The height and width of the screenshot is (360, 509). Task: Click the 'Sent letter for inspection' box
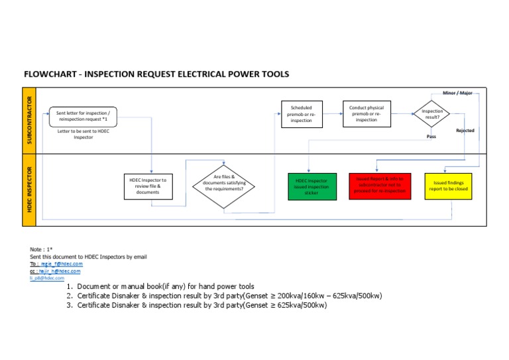(x=84, y=117)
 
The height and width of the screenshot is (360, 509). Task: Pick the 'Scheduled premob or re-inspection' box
(x=302, y=113)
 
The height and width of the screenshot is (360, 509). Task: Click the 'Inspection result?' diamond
(x=431, y=113)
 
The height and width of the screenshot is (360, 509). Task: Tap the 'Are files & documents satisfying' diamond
(x=223, y=184)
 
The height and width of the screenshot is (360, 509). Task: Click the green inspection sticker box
(x=311, y=186)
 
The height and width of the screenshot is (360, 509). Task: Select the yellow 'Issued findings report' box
(x=447, y=186)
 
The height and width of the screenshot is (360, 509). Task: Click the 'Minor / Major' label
(x=457, y=93)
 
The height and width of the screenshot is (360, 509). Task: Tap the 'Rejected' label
(x=465, y=131)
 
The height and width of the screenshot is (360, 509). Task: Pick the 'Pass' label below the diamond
(x=431, y=137)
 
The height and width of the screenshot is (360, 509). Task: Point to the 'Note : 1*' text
(x=41, y=249)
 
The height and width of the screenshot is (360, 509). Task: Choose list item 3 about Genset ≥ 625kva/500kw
(x=201, y=306)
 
